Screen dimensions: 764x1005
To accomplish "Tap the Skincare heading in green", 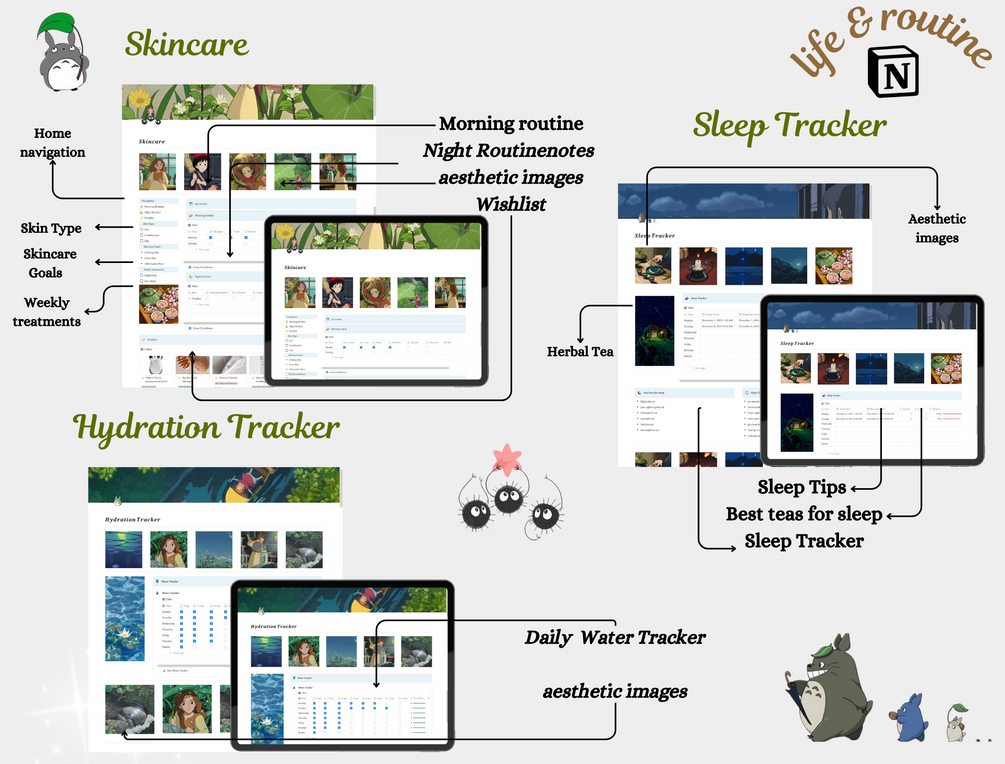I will (x=186, y=43).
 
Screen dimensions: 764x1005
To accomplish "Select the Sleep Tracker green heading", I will (x=790, y=124).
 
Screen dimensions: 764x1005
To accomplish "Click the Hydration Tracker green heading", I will (x=207, y=427).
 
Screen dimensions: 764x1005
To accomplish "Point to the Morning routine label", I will (x=511, y=124).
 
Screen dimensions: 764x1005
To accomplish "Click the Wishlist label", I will (x=511, y=203).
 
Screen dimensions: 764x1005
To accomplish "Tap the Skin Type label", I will (x=51, y=228).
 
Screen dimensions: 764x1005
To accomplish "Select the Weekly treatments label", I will (x=47, y=312).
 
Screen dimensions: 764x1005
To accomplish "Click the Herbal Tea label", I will (x=580, y=351).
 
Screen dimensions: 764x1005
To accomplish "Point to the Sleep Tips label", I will (x=801, y=488).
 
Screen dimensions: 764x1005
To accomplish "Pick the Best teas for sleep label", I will (x=804, y=514).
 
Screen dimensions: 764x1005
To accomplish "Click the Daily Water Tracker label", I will (x=615, y=637).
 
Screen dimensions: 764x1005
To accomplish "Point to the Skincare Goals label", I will (x=51, y=263).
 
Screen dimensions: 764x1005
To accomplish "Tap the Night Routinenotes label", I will (x=508, y=151).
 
